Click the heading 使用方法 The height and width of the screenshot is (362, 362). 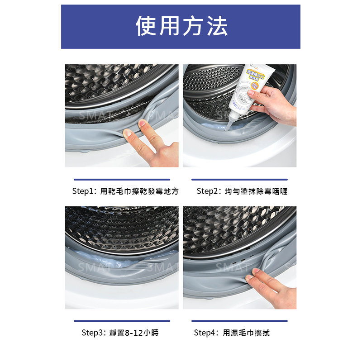[x=181, y=26]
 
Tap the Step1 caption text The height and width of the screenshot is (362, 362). [x=125, y=191]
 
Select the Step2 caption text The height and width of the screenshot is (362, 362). [x=242, y=191]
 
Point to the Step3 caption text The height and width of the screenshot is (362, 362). [x=120, y=333]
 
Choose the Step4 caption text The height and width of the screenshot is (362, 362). [x=232, y=333]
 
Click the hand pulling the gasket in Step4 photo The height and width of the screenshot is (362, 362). [x=271, y=287]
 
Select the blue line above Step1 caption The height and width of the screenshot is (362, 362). [x=122, y=180]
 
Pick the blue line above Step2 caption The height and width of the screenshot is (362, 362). [x=239, y=180]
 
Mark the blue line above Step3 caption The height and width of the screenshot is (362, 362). [x=122, y=321]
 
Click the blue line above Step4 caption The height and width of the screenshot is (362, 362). [x=239, y=321]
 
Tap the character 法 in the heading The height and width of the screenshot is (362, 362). [x=217, y=26]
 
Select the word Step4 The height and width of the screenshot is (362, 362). [x=205, y=333]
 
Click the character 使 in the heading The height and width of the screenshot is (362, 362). [x=146, y=26]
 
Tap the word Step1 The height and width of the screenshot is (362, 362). [x=84, y=191]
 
